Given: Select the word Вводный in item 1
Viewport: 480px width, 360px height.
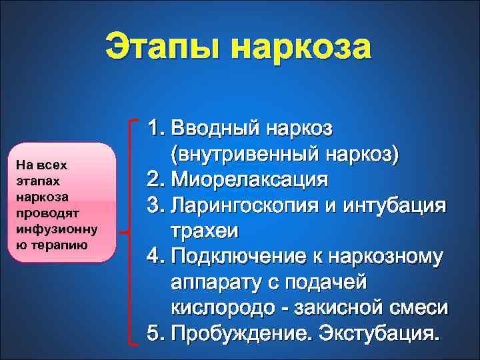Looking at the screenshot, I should tap(215, 127).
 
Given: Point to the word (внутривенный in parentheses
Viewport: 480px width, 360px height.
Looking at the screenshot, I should tap(247, 153).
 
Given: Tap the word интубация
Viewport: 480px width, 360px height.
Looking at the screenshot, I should tap(404, 205).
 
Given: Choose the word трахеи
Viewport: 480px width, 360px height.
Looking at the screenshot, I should tap(204, 231).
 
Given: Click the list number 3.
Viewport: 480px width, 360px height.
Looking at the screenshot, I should tap(155, 205).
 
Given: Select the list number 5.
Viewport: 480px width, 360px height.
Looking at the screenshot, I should tap(155, 333).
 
